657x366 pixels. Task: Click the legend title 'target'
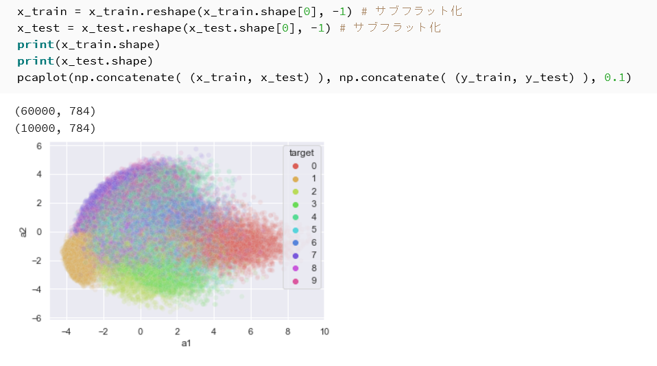(x=301, y=152)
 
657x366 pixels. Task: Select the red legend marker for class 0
(x=296, y=166)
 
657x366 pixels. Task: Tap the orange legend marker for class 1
(x=296, y=179)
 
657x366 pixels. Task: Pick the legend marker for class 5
(x=296, y=230)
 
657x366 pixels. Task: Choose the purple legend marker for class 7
(x=296, y=255)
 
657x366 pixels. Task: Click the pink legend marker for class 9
(x=296, y=282)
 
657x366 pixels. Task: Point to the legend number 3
(x=314, y=204)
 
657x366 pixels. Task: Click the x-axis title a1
(x=186, y=343)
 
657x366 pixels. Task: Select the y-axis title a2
(x=23, y=232)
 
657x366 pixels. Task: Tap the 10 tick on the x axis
(x=324, y=332)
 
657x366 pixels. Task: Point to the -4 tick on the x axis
(x=67, y=332)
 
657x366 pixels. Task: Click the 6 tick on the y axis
(x=39, y=146)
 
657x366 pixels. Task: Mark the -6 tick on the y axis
(x=37, y=318)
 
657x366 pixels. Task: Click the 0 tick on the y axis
(x=39, y=231)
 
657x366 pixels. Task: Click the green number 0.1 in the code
(x=614, y=77)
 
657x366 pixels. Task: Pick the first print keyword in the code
(x=36, y=45)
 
